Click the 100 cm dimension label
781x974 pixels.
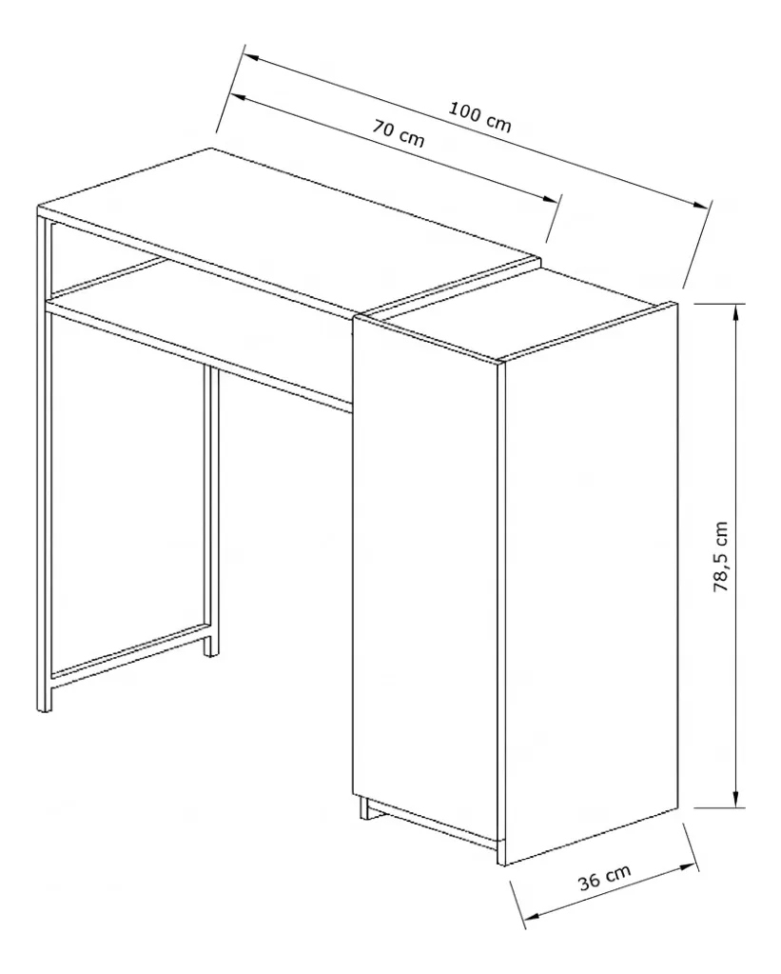[x=479, y=117]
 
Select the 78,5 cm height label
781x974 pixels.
[x=721, y=556]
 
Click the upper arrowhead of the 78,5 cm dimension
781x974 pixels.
[x=736, y=313]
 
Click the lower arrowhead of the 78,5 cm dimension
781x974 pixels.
[x=736, y=798]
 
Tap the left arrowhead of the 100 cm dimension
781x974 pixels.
[x=251, y=56]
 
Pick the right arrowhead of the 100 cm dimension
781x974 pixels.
[x=700, y=204]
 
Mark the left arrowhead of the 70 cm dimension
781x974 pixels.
[x=240, y=96]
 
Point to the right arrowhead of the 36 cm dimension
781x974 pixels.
[x=687, y=866]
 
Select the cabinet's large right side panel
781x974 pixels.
[x=590, y=584]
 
